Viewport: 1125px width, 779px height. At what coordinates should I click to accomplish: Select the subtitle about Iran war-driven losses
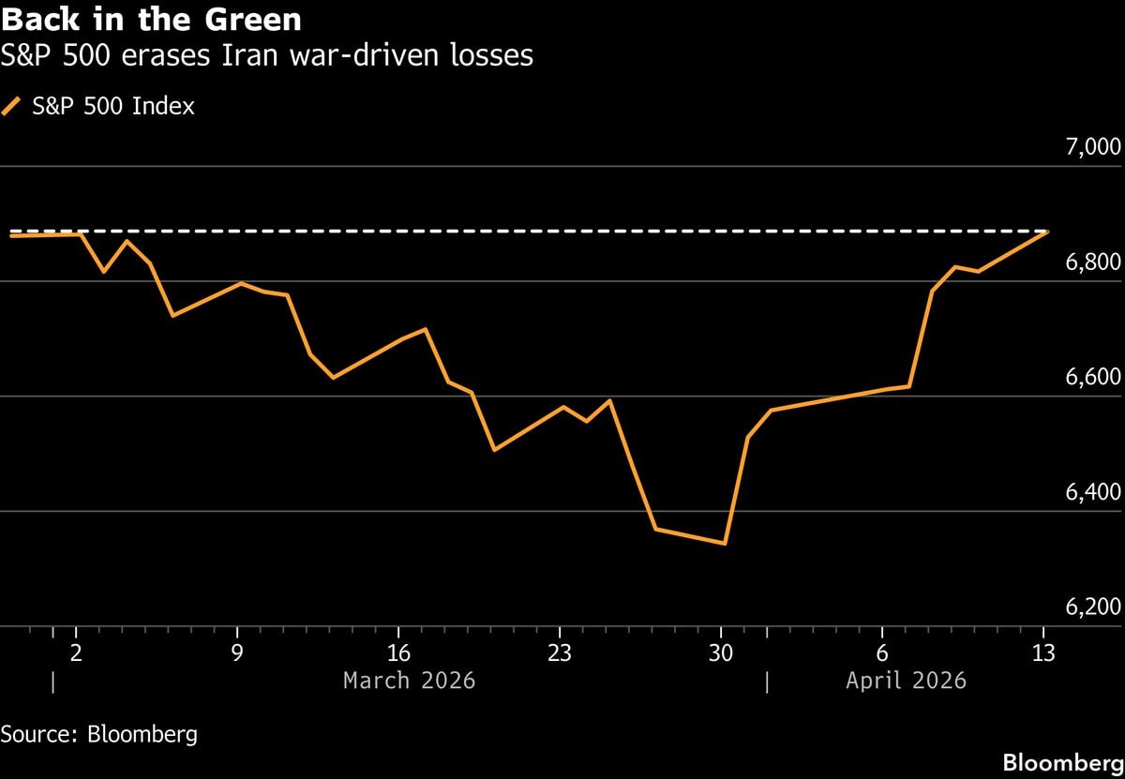[267, 56]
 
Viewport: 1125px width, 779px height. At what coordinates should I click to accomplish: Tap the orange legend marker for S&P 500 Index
[11, 107]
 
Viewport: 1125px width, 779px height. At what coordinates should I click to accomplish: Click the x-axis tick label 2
[76, 652]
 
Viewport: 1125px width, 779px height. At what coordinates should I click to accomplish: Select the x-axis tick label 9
[237, 652]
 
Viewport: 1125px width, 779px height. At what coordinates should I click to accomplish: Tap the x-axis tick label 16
[398, 652]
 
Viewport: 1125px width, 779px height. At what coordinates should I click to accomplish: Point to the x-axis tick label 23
[560, 652]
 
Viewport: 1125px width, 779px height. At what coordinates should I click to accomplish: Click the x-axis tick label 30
[721, 652]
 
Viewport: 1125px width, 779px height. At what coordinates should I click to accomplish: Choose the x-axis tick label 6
[882, 652]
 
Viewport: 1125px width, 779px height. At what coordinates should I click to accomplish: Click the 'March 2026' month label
[409, 681]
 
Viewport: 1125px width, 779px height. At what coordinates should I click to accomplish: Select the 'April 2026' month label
[906, 681]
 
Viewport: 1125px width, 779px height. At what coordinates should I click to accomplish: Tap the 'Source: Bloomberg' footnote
[99, 733]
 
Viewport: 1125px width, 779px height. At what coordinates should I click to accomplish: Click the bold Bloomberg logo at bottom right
[1061, 762]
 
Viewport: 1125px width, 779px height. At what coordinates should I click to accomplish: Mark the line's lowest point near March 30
[725, 543]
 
